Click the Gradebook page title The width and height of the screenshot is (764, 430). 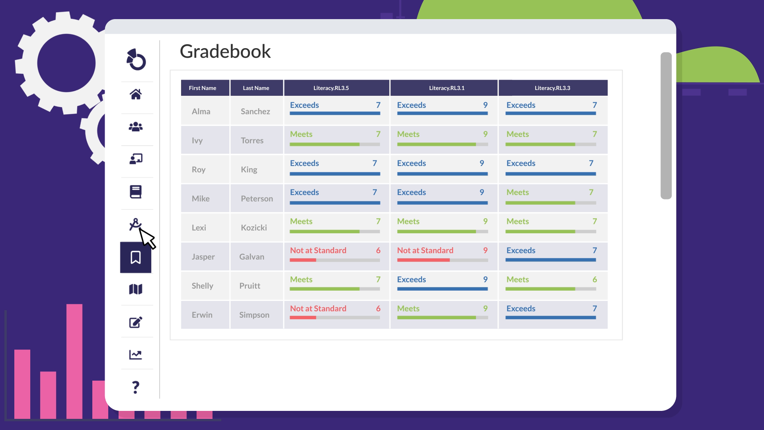click(225, 52)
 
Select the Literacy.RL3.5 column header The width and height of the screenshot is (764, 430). click(331, 88)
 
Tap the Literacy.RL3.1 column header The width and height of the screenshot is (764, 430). click(446, 88)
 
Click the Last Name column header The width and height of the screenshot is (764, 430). click(256, 88)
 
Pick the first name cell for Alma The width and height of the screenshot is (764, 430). click(201, 111)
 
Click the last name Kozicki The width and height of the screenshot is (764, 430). click(253, 228)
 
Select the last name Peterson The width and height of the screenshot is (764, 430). click(257, 199)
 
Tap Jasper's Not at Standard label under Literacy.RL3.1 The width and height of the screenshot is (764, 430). click(425, 250)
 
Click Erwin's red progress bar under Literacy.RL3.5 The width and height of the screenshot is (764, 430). click(303, 318)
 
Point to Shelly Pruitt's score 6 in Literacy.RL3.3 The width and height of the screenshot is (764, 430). click(594, 279)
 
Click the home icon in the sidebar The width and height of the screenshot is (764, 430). click(136, 94)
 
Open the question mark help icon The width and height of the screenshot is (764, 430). click(136, 387)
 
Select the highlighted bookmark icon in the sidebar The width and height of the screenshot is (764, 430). click(136, 258)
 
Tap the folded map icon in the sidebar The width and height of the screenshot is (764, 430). click(136, 289)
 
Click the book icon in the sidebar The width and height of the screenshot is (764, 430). click(136, 192)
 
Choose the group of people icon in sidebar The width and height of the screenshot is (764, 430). click(136, 127)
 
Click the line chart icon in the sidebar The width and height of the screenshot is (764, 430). click(136, 354)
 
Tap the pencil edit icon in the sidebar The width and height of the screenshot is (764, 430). click(136, 322)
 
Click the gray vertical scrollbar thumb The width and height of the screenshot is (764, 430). click(666, 125)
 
